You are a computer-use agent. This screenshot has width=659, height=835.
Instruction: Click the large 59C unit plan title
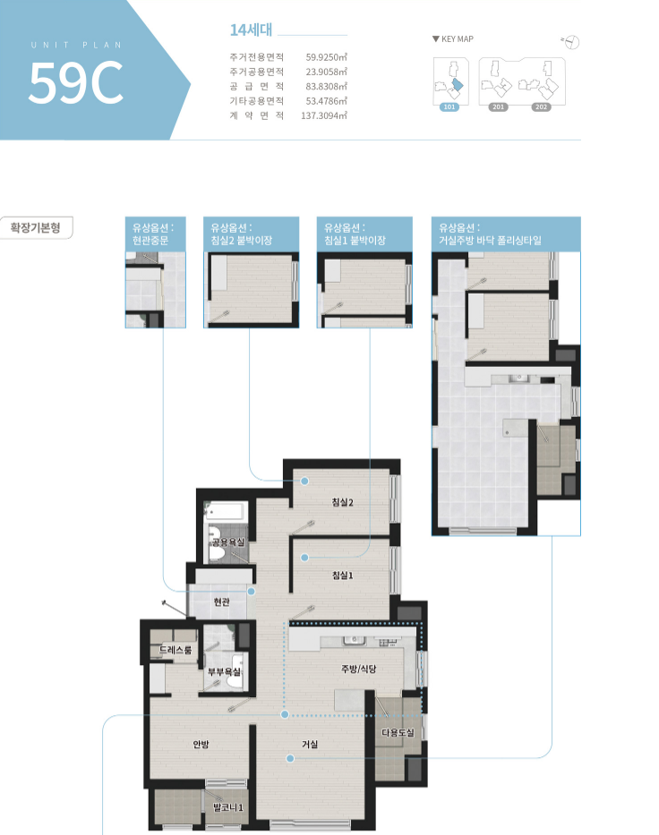[75, 82]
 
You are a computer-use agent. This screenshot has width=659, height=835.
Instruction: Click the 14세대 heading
[251, 30]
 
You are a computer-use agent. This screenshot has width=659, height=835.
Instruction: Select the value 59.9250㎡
[326, 57]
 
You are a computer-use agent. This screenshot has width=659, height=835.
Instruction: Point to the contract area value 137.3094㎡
[324, 115]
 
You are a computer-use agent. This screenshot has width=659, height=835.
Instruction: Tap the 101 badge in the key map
[449, 107]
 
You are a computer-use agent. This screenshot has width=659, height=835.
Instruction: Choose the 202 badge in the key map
[542, 107]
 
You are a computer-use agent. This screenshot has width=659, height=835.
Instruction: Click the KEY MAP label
[453, 38]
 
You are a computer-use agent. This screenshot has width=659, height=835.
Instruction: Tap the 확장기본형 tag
[36, 228]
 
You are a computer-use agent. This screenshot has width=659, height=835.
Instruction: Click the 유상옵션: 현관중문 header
[156, 234]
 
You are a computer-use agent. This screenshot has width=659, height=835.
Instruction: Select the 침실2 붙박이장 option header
[251, 234]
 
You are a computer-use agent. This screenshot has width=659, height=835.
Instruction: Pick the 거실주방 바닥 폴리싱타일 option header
[506, 234]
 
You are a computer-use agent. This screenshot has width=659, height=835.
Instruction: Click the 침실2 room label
[343, 502]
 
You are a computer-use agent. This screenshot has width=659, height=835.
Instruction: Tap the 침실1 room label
[343, 575]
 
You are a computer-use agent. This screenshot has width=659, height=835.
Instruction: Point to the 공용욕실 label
[228, 542]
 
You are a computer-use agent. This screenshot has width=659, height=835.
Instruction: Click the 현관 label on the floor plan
[222, 601]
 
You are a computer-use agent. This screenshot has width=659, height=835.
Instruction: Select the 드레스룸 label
[175, 650]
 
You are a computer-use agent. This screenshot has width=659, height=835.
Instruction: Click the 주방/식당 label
[358, 669]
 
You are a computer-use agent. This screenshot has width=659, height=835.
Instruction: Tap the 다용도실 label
[398, 733]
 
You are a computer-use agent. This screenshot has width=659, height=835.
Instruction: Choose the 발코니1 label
[228, 807]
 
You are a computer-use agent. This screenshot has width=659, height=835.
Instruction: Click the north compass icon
[571, 42]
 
